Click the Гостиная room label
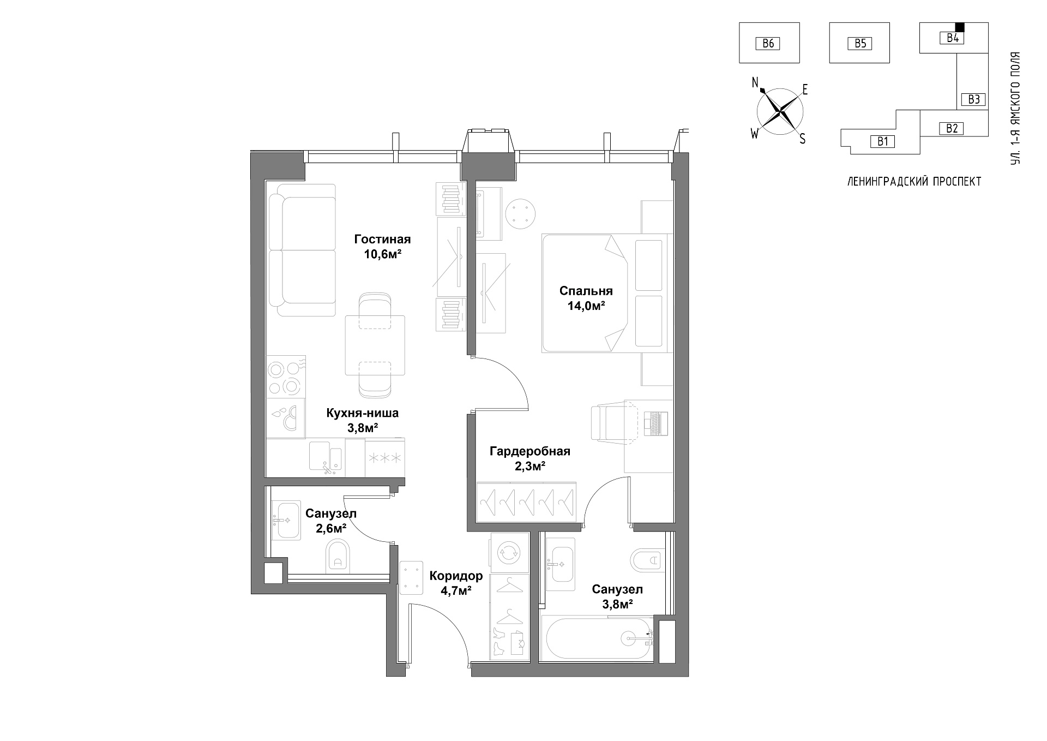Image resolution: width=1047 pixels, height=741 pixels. [x=382, y=239]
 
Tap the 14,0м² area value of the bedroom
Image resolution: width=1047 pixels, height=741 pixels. [x=586, y=306]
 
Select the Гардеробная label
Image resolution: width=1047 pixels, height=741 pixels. [x=529, y=451]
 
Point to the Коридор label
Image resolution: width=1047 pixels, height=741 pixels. [x=456, y=576]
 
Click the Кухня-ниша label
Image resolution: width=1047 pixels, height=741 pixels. [x=363, y=413]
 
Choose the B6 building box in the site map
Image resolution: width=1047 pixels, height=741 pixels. [x=769, y=43]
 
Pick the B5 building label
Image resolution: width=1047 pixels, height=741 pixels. [x=860, y=43]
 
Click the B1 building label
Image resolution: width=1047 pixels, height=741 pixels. [x=883, y=141]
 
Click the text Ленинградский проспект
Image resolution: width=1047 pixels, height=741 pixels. [x=914, y=182]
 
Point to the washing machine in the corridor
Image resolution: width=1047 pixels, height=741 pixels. [x=510, y=552]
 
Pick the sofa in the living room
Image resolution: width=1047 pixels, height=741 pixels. [x=306, y=250]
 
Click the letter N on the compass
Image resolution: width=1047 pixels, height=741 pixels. [x=755, y=83]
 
